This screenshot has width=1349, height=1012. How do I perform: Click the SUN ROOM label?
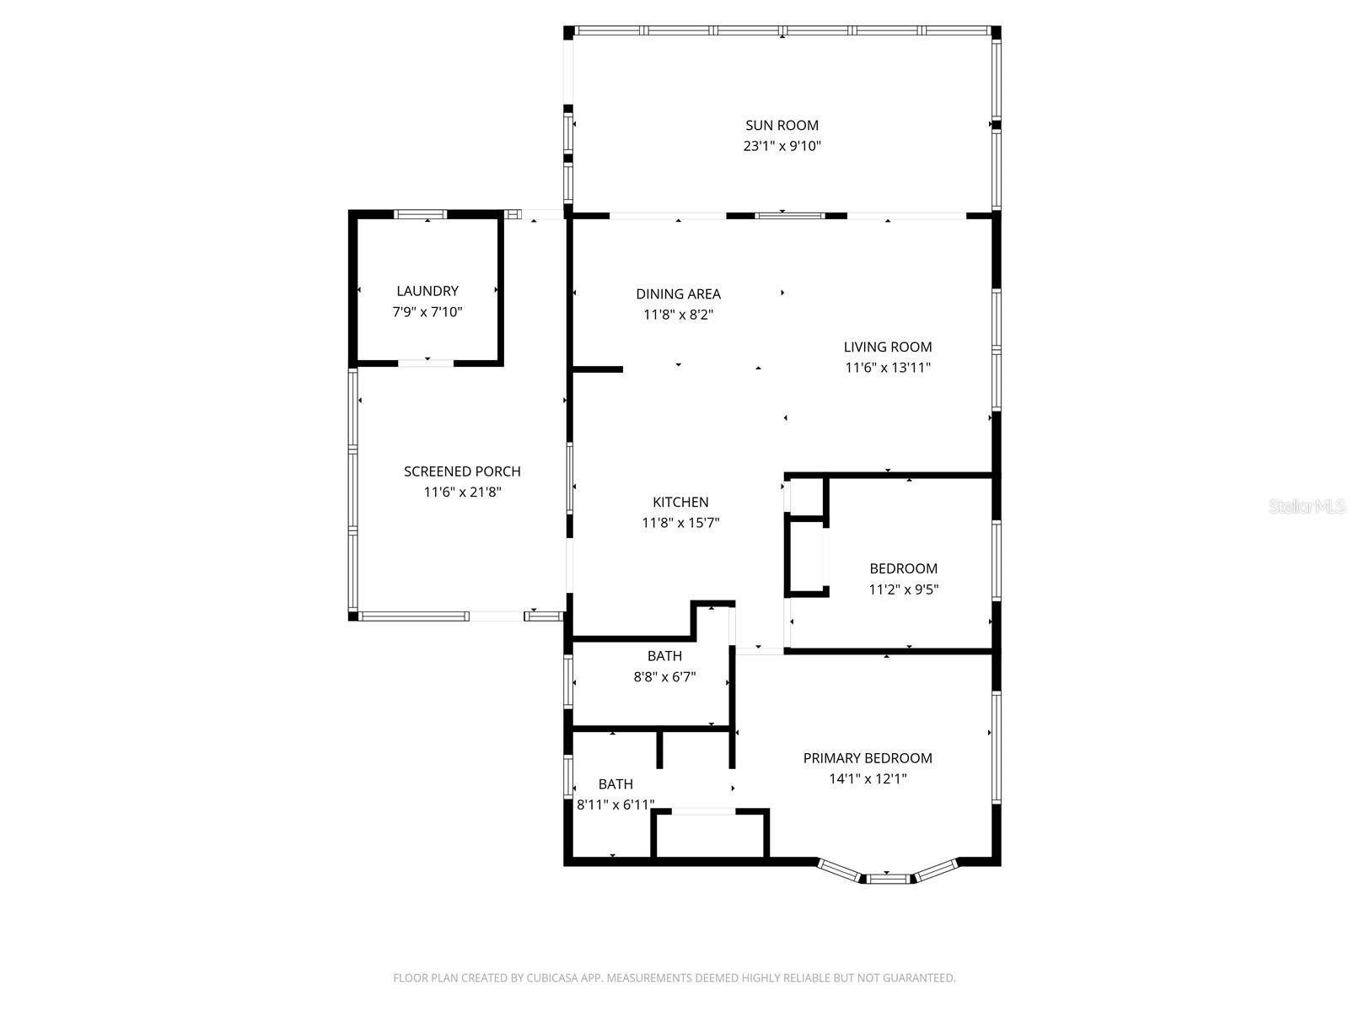click(782, 125)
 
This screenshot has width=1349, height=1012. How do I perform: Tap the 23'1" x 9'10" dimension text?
click(782, 146)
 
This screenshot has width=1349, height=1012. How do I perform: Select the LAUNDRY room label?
click(427, 291)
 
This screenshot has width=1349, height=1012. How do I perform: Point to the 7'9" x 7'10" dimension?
click(427, 312)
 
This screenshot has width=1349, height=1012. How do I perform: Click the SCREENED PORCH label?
click(462, 471)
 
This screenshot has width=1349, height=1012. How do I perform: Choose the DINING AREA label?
click(678, 294)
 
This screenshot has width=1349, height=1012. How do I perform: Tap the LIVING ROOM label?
click(888, 347)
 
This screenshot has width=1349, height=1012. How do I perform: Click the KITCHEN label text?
click(680, 502)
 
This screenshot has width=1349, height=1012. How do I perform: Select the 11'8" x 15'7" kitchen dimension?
click(680, 523)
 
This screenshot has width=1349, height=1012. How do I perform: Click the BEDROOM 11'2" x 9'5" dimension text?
click(904, 589)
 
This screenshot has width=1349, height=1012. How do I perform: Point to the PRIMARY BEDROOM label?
click(868, 758)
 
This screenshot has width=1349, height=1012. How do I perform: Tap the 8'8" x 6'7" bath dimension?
click(664, 676)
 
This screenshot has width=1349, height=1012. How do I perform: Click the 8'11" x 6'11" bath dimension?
click(615, 805)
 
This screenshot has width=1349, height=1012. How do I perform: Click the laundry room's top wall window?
click(422, 214)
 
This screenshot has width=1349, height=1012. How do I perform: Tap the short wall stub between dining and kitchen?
click(597, 369)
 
